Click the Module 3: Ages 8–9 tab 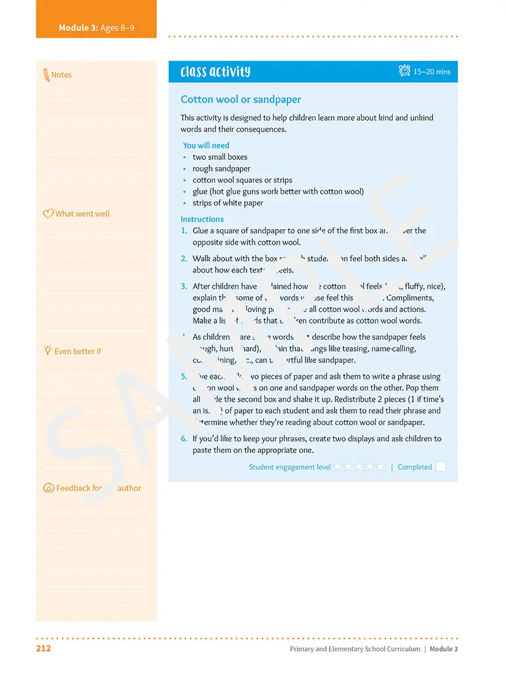click(96, 28)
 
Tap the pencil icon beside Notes click(46, 75)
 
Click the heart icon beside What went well click(48, 214)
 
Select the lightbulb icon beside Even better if click(47, 350)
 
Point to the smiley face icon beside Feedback click(48, 488)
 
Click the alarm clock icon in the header click(405, 71)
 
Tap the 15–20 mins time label click(432, 72)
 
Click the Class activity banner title click(215, 71)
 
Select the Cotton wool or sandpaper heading click(241, 99)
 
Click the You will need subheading click(206, 146)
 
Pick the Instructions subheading click(202, 220)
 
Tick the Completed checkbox click(441, 467)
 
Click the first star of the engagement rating click(339, 467)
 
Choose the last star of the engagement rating click(380, 467)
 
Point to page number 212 click(44, 648)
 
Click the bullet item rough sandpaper click(221, 169)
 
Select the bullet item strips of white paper click(228, 203)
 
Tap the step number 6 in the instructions click(183, 438)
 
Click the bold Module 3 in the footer click(443, 649)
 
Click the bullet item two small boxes click(220, 157)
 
